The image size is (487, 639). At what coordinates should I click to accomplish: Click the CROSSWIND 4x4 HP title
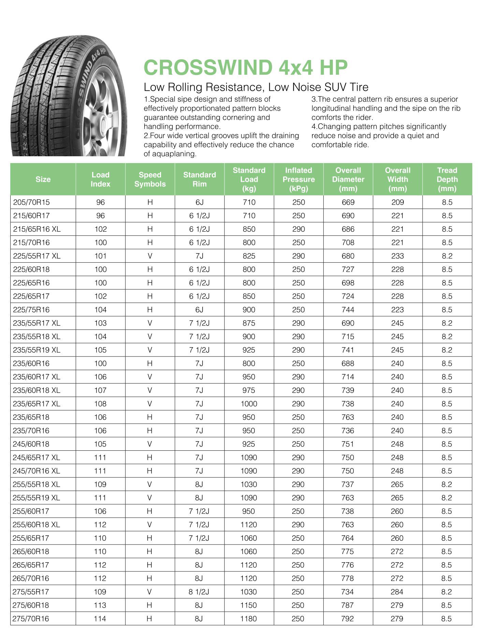[x=246, y=67]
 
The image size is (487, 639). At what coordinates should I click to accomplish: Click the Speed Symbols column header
[x=150, y=179]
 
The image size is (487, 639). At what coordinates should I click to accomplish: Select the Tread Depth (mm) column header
[x=447, y=179]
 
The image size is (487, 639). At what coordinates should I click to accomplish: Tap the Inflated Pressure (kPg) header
[x=298, y=179]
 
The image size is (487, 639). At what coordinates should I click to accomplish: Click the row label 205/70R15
[x=31, y=202]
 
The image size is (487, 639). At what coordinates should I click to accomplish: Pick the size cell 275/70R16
[x=31, y=619]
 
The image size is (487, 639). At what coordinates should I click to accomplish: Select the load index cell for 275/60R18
[x=100, y=605]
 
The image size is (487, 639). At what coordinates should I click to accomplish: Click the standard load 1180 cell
[x=249, y=619]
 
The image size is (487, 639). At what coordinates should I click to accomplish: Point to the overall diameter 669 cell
[x=348, y=202]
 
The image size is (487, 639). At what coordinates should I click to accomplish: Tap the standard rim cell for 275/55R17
[x=199, y=592]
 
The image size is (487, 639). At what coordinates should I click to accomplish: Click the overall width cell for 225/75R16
[x=397, y=310]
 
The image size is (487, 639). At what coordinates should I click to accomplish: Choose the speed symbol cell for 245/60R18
[x=149, y=444]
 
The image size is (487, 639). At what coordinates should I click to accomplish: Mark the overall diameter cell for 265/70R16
[x=348, y=578]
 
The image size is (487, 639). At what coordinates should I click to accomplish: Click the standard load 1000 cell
[x=249, y=404]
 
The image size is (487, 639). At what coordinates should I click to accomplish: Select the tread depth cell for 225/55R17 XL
[x=447, y=256]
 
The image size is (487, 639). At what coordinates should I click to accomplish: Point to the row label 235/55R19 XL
[x=36, y=350]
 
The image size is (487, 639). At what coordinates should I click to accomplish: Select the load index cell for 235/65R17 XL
[x=100, y=404]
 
